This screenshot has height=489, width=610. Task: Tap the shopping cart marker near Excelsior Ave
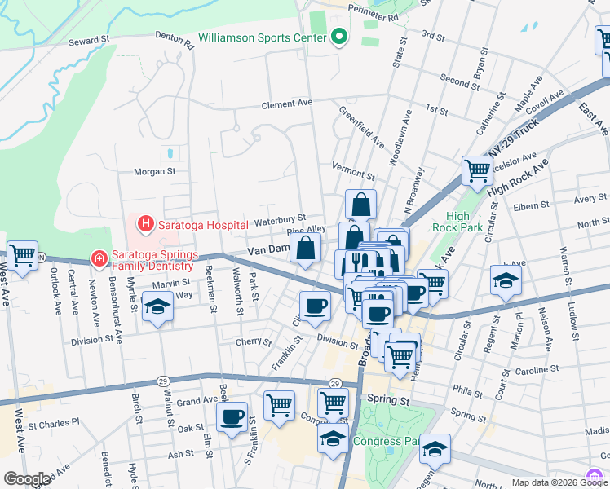[477, 171]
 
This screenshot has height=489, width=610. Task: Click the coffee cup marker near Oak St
[232, 416]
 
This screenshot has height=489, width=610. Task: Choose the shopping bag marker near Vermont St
[360, 205]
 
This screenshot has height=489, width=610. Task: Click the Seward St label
[89, 40]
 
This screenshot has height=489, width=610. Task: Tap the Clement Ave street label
[287, 104]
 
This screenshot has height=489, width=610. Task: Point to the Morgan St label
[155, 172]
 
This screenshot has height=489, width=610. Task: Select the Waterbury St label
[279, 218]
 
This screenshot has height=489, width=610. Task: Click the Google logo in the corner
[27, 479]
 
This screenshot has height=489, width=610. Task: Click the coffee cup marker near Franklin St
[315, 306]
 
